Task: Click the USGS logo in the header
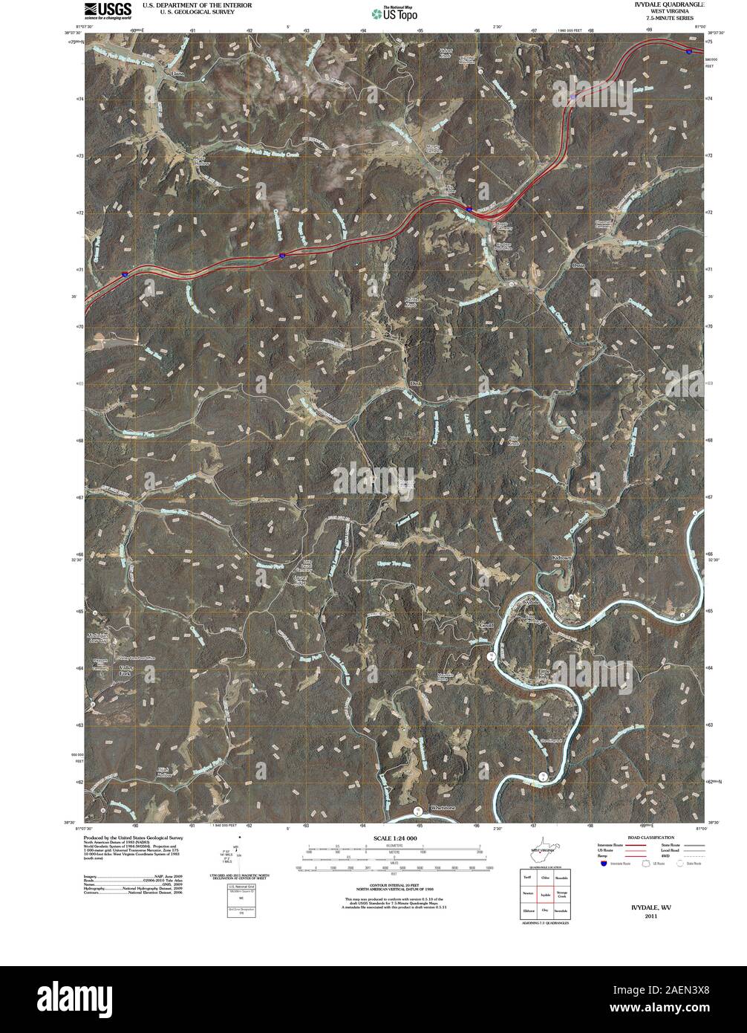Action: [x=108, y=10]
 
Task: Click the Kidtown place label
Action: [x=564, y=557]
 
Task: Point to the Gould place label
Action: [x=487, y=624]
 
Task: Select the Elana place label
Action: [x=177, y=74]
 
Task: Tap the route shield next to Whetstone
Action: [x=418, y=810]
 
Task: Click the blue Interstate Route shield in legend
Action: [x=601, y=863]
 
